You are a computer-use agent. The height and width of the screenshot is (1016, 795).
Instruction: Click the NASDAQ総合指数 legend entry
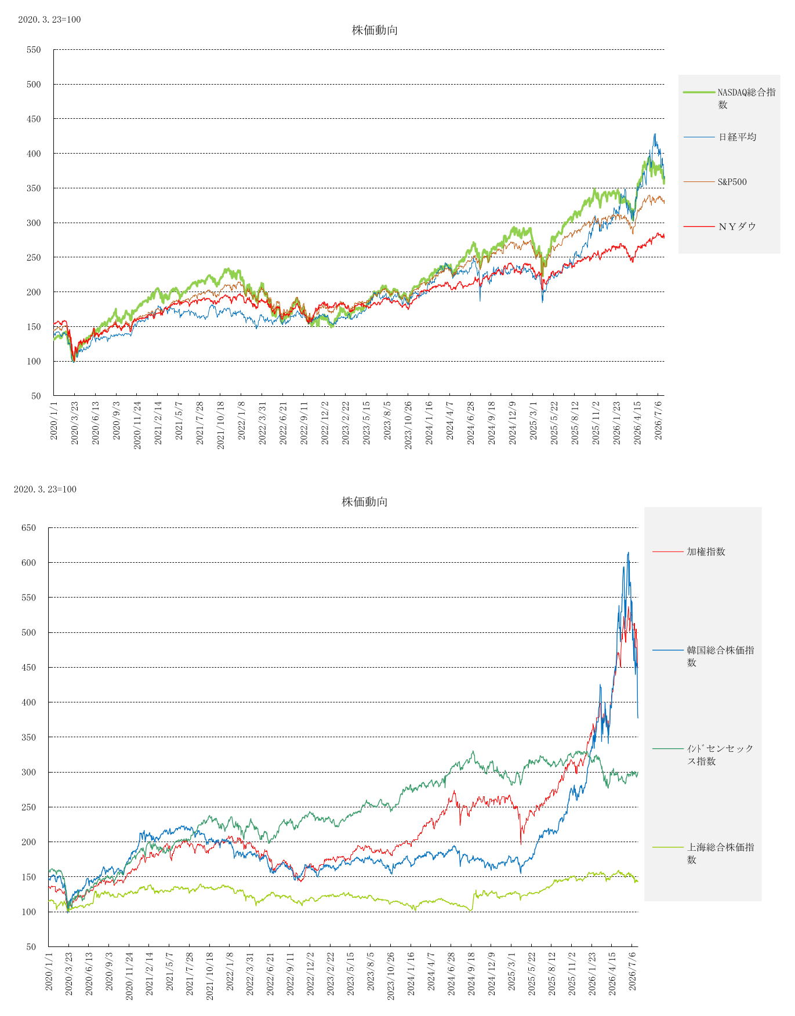[729, 98]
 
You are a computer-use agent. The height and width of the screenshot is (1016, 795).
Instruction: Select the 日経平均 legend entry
[720, 137]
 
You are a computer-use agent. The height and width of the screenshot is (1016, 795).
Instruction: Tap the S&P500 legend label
[732, 182]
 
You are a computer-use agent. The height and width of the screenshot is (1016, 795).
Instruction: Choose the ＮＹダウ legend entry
[720, 227]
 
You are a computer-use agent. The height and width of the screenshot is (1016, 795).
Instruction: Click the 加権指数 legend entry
[689, 552]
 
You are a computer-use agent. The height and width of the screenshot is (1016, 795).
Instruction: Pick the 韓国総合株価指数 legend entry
[704, 656]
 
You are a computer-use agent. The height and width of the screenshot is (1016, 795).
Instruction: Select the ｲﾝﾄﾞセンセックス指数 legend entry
[704, 755]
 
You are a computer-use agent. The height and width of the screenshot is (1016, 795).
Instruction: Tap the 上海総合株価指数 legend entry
[704, 853]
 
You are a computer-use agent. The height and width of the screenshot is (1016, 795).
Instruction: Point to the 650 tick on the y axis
[28, 528]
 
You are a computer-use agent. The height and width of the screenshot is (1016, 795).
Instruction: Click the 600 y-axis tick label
[28, 563]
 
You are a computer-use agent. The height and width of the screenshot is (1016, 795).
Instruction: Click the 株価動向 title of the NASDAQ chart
[375, 30]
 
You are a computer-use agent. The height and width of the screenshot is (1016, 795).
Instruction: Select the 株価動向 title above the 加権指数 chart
[364, 502]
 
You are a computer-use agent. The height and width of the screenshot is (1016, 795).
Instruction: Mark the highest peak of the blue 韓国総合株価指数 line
[629, 552]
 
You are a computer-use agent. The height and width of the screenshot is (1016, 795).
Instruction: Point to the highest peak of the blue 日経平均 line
[655, 134]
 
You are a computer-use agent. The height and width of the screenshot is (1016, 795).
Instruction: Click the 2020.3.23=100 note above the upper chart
[49, 20]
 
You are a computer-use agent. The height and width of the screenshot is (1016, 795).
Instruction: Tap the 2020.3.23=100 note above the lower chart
[45, 489]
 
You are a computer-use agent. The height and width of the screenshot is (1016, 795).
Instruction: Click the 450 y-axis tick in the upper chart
[34, 119]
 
